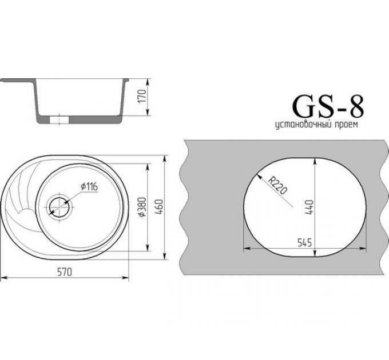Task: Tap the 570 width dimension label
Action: click(63, 273)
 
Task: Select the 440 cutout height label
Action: click(308, 206)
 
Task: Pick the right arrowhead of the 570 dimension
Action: click(126, 278)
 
